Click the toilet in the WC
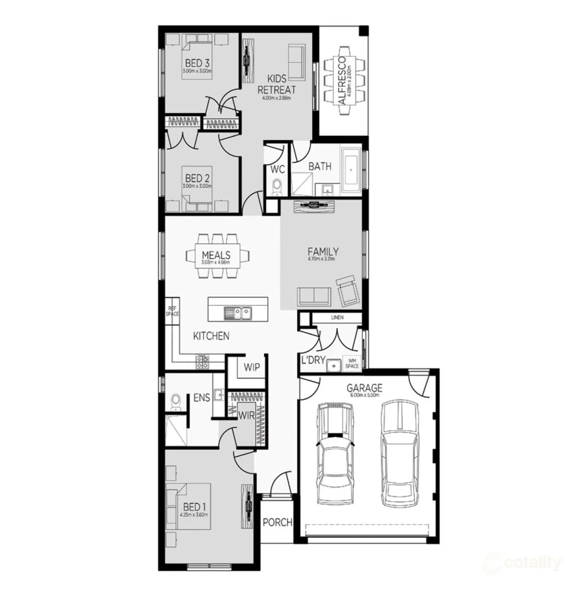click(277, 186)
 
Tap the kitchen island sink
click(238, 313)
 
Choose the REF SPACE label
click(173, 311)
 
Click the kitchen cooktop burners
click(202, 361)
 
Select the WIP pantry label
click(251, 367)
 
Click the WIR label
click(246, 415)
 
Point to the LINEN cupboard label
click(337, 318)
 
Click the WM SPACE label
click(351, 363)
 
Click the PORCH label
click(277, 522)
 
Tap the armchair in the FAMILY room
click(348, 291)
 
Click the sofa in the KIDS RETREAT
click(296, 62)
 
